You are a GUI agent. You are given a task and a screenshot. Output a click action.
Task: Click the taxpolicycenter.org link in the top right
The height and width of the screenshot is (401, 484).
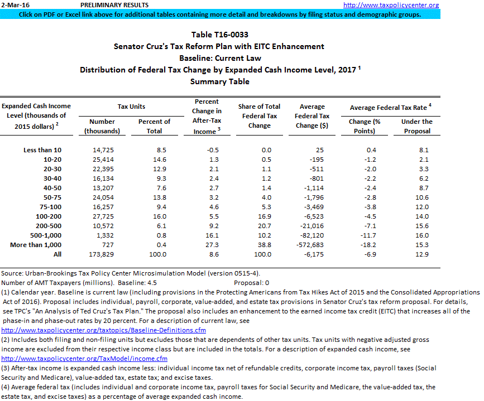click(x=391, y=5)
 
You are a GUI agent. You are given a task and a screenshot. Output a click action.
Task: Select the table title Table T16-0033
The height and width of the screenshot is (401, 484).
click(x=219, y=35)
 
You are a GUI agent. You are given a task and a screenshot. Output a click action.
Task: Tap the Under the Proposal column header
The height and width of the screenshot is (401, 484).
click(x=416, y=126)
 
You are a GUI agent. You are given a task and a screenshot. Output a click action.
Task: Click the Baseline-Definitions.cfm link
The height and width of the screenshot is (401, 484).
click(x=104, y=330)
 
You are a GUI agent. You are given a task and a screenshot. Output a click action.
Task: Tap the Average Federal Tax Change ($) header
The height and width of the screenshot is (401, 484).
click(x=312, y=116)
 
